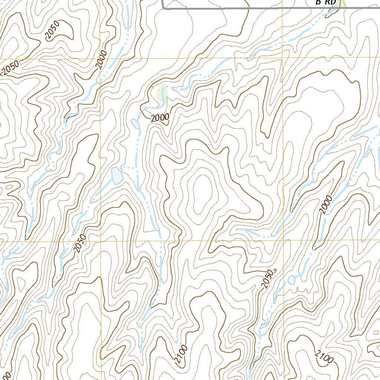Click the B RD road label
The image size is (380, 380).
[325, 2]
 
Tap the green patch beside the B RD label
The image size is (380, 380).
[341, 3]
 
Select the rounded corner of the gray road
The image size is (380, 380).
[164, 7]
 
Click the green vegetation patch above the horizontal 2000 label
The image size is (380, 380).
[162, 92]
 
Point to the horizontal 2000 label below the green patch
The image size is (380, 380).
[160, 118]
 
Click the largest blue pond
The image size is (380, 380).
[117, 175]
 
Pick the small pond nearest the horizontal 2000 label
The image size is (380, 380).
[135, 123]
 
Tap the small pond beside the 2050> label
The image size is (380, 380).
[291, 279]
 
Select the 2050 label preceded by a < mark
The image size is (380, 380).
[10, 68]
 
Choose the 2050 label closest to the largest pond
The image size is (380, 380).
[80, 243]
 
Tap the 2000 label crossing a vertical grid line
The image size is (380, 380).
[101, 59]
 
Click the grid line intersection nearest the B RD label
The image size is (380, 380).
[283, 58]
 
